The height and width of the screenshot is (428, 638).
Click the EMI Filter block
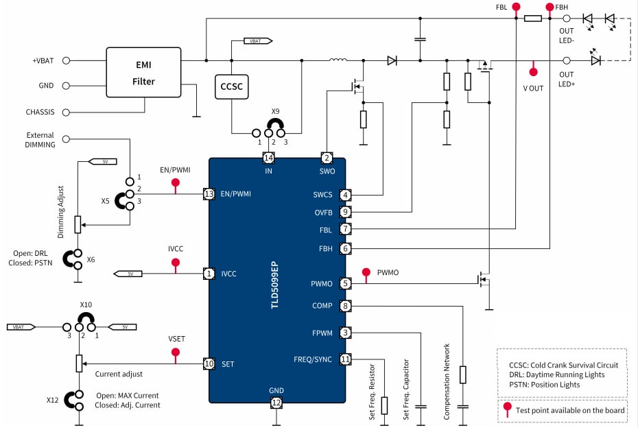point(143,72)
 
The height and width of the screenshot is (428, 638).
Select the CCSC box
point(231,87)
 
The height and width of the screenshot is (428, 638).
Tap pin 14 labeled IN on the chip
point(268,158)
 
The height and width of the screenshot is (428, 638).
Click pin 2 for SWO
point(327,158)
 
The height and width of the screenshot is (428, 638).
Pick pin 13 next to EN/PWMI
point(209,194)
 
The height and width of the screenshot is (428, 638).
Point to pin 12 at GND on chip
point(276,403)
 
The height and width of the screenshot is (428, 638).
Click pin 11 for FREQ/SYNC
point(346,359)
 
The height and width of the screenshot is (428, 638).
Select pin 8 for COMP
point(346,306)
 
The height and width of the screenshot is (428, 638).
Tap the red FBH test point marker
point(550,8)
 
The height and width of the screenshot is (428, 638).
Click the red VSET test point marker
point(175,353)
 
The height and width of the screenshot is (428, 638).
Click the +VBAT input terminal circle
point(67,60)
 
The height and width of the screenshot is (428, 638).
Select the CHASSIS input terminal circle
point(67,112)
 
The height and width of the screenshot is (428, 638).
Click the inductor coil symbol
point(338,60)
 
